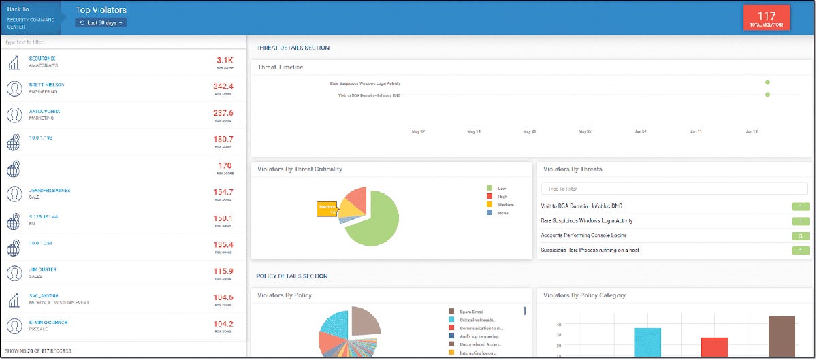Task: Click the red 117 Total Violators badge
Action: click(767, 18)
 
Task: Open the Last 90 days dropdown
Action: click(101, 22)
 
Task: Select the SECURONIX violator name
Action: click(43, 59)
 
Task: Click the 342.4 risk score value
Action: click(223, 86)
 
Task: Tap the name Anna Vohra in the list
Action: click(45, 111)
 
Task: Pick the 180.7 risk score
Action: click(223, 139)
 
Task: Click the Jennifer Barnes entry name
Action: click(50, 191)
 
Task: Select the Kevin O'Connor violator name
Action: click(48, 322)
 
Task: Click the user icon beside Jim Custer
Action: click(14, 273)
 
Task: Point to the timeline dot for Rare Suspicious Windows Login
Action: click(767, 82)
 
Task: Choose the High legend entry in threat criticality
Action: click(501, 197)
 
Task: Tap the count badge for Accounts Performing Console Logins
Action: click(800, 235)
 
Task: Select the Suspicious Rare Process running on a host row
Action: click(590, 250)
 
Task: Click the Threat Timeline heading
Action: click(281, 67)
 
